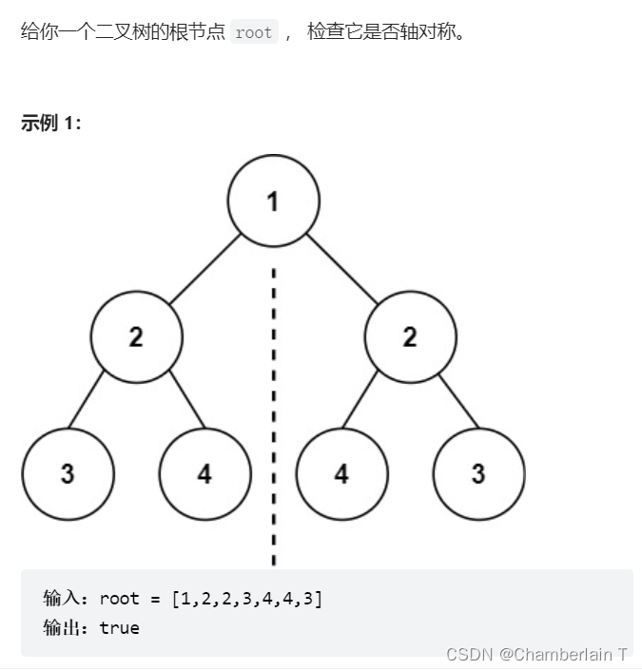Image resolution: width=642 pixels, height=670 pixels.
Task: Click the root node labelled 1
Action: [x=274, y=201]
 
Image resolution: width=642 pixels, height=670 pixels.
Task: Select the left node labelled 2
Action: [x=137, y=336]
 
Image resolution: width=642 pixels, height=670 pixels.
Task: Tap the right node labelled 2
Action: [x=410, y=336]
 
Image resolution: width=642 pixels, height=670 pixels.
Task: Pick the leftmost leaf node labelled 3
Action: [x=68, y=473]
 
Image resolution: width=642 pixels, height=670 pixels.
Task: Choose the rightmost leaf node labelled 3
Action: [x=478, y=473]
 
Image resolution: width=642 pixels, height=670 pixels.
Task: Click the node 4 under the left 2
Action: [x=205, y=473]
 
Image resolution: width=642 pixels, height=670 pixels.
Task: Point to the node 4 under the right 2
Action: [x=341, y=473]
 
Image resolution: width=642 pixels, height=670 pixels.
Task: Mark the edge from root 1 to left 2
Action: [x=205, y=269]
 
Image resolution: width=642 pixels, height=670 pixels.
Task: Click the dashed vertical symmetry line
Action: [x=274, y=418]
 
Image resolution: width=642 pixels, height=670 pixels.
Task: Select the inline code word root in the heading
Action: [x=253, y=33]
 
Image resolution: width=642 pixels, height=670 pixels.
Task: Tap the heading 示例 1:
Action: [x=51, y=123]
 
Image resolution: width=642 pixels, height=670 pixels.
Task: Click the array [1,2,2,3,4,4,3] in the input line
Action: [x=247, y=599]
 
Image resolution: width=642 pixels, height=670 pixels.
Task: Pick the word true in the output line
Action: [x=119, y=628]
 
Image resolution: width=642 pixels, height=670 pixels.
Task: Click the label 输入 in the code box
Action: [x=64, y=599]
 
